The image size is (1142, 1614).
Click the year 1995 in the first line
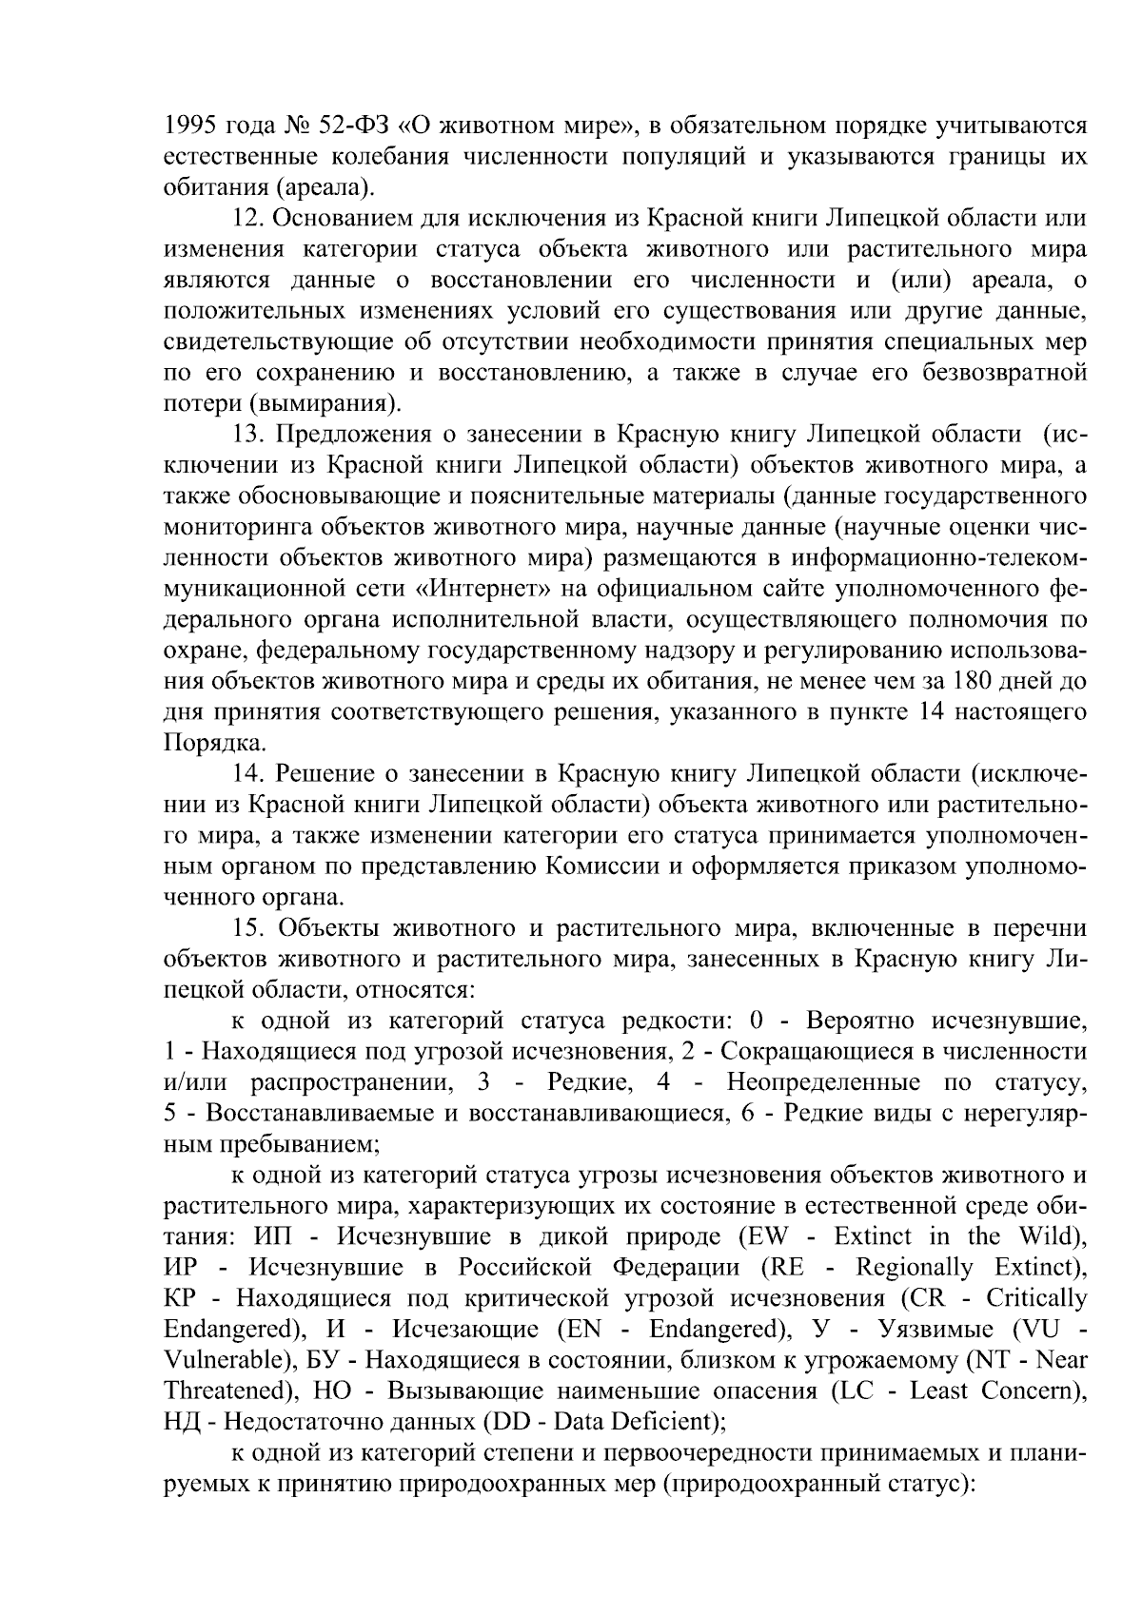(191, 125)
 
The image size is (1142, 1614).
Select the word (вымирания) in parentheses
(322, 402)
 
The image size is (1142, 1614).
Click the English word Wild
(1050, 1236)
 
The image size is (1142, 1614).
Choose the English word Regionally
(915, 1268)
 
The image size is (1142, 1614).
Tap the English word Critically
(1035, 1299)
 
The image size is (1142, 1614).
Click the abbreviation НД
(178, 1422)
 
